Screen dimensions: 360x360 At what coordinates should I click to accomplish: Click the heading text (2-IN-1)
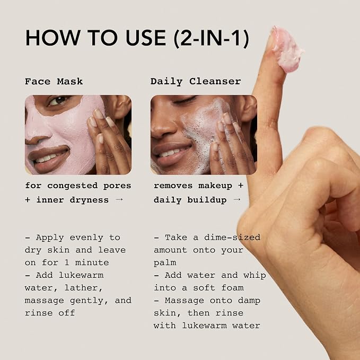(x=211, y=38)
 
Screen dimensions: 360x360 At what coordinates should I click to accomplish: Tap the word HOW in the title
(x=53, y=38)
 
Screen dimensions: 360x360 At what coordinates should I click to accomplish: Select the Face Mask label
(x=54, y=82)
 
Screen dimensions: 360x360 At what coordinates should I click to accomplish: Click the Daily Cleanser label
(x=196, y=82)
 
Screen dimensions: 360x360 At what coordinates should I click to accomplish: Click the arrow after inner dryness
(x=119, y=200)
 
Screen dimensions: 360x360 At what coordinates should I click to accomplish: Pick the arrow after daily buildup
(x=236, y=200)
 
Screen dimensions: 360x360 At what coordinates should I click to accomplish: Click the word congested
(x=73, y=186)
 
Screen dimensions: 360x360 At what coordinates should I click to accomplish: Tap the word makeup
(x=215, y=186)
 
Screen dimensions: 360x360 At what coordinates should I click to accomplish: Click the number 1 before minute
(x=67, y=262)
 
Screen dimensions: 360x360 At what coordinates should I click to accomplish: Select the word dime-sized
(x=232, y=238)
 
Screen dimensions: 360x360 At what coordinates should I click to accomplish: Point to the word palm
(x=165, y=262)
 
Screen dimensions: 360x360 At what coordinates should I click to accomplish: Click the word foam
(x=232, y=288)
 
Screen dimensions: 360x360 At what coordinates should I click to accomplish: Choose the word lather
(x=84, y=288)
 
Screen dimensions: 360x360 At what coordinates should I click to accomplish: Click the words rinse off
(x=50, y=313)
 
